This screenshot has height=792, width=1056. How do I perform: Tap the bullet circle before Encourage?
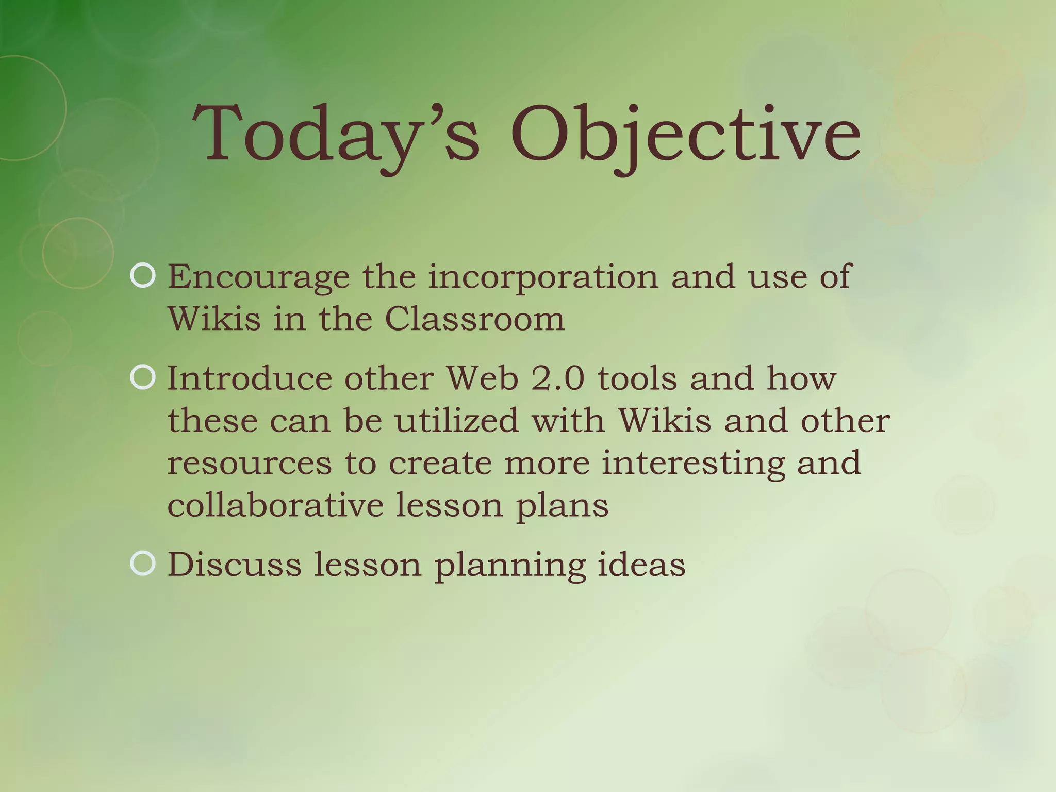click(x=143, y=276)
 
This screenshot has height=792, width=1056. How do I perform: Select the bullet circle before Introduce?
click(x=143, y=378)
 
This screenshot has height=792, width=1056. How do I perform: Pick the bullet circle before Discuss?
click(x=143, y=564)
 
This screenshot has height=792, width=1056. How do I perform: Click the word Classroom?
click(x=474, y=319)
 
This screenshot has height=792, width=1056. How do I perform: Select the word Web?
click(x=483, y=378)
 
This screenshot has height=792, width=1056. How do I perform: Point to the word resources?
click(x=250, y=463)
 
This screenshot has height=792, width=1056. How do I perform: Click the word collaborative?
click(x=275, y=505)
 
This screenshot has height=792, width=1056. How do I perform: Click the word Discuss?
click(x=234, y=564)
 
